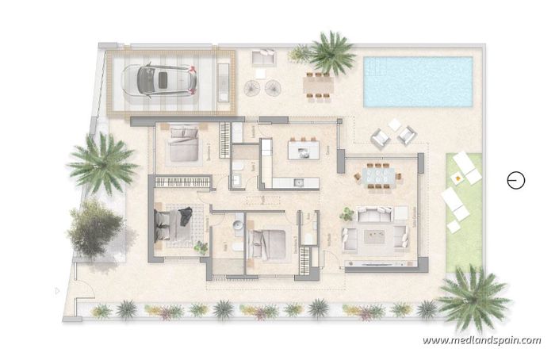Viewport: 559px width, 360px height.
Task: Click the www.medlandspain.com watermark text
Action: (482, 340)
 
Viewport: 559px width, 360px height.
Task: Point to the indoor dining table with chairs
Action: (376, 174)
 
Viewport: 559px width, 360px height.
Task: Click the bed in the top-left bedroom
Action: (186, 145)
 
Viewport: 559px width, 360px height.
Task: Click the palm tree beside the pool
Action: (329, 54)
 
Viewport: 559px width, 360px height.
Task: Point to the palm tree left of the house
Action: (101, 163)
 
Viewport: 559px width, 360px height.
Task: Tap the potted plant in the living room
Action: (347, 213)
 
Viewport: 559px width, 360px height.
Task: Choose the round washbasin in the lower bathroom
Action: (237, 227)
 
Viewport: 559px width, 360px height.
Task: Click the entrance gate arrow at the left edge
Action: (58, 291)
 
